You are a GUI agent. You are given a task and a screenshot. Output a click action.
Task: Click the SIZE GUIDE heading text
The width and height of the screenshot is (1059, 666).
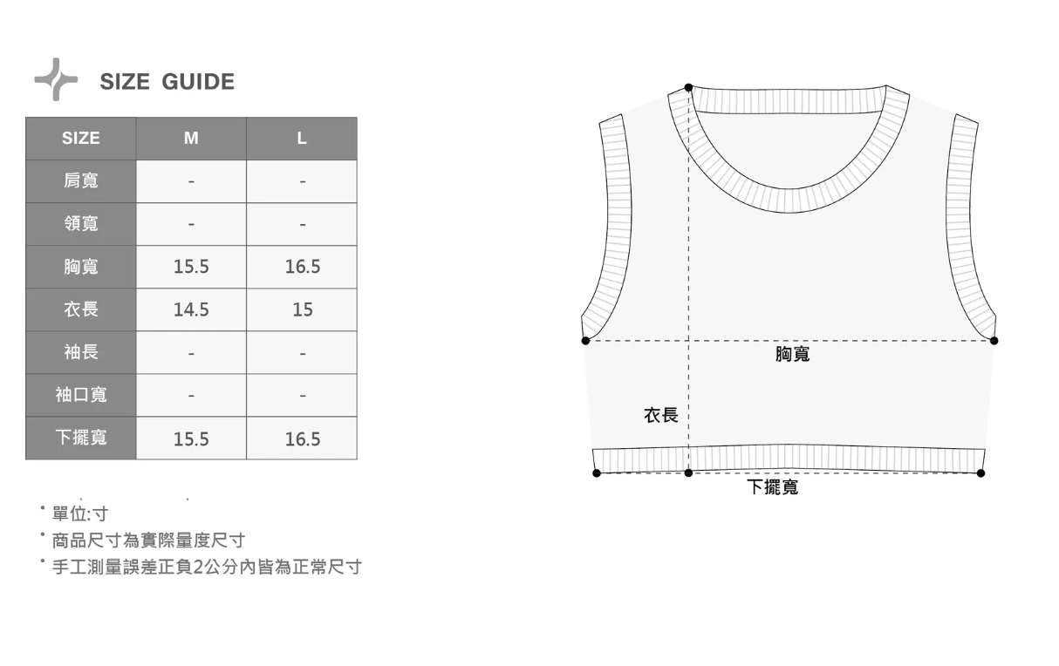tap(167, 82)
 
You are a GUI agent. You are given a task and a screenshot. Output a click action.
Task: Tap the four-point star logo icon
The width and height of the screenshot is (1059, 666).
tap(57, 79)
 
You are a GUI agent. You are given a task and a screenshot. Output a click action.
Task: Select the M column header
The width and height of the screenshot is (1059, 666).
tap(191, 139)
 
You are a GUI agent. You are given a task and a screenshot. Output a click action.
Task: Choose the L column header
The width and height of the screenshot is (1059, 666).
tap(302, 139)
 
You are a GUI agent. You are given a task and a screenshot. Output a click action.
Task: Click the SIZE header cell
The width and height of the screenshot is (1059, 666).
tap(81, 139)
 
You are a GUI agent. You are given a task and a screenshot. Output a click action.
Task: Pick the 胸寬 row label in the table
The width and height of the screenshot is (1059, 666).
tap(81, 267)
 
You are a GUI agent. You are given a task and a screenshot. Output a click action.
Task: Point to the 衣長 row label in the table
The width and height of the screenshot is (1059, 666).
tap(81, 309)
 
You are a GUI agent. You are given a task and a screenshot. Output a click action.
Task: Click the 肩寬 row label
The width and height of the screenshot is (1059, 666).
tap(81, 181)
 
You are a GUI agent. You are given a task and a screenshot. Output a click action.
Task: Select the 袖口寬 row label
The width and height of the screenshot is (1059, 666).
tap(81, 395)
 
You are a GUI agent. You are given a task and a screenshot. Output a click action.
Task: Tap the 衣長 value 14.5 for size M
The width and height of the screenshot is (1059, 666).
tap(191, 309)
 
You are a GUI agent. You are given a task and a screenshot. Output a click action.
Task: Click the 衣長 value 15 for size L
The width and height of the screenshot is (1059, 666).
tap(302, 309)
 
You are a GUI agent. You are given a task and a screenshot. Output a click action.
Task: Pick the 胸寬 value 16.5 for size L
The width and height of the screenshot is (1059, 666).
tap(302, 267)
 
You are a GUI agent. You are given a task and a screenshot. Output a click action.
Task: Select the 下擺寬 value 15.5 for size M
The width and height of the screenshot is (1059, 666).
tap(191, 438)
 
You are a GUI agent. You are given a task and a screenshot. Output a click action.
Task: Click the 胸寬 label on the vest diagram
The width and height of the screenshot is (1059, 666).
tap(792, 354)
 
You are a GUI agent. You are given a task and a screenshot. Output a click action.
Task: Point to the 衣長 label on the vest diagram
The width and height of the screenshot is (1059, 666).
tap(660, 415)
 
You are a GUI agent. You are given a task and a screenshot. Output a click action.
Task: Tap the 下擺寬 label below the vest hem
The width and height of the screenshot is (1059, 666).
tap(772, 487)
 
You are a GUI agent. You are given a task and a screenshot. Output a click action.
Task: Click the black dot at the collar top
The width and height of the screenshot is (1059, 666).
tap(688, 87)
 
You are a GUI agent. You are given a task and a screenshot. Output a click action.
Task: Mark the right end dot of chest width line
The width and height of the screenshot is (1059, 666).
tap(994, 340)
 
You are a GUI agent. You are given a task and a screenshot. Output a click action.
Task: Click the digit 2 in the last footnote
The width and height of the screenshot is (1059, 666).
tap(197, 567)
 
